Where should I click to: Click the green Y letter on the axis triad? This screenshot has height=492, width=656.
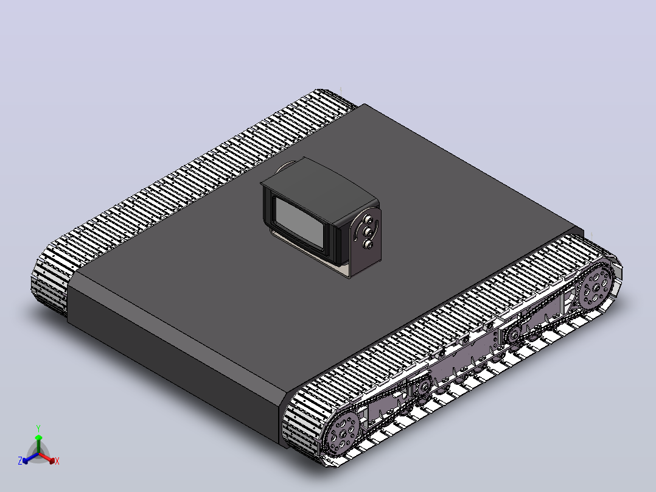(x=38, y=428)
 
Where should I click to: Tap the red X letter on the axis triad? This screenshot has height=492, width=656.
(x=57, y=461)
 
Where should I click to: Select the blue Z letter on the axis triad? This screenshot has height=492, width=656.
(x=20, y=460)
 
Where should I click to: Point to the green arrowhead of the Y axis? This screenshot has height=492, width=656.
(x=38, y=438)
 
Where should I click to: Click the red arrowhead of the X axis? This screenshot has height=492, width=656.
(x=52, y=460)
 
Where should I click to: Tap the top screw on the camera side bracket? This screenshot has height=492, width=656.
(x=369, y=219)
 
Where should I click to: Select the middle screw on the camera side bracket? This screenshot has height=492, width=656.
(x=368, y=231)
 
